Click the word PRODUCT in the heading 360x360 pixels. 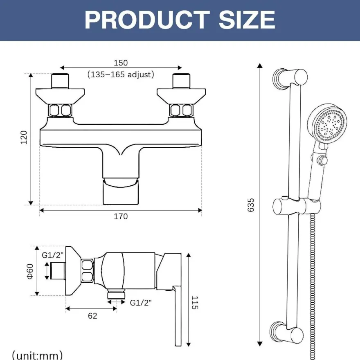pyautogui.click(x=147, y=20)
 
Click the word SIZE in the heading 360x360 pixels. pyautogui.click(x=247, y=20)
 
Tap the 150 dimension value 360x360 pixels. pyautogui.click(x=121, y=63)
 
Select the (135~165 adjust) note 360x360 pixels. pyautogui.click(x=121, y=74)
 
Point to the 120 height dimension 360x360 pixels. pyautogui.click(x=24, y=137)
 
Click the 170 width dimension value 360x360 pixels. pyautogui.click(x=121, y=216)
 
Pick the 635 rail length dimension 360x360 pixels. pyautogui.click(x=251, y=205)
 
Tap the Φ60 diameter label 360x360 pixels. pyautogui.click(x=30, y=271)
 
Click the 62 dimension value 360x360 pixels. pyautogui.click(x=92, y=316)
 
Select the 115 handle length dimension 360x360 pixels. pyautogui.click(x=195, y=303)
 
